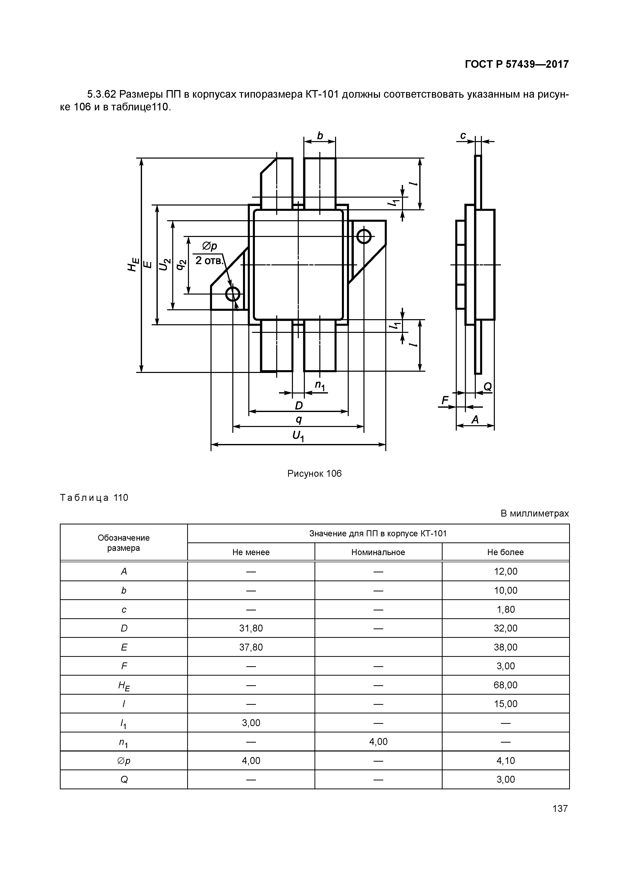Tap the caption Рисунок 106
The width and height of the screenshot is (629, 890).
314,473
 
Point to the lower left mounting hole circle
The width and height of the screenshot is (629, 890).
233,295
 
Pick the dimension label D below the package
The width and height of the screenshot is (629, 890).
299,405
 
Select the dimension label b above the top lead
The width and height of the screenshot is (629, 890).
320,136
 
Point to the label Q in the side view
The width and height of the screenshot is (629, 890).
487,386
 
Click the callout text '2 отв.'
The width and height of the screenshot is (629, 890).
209,261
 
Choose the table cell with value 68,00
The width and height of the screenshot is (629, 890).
505,685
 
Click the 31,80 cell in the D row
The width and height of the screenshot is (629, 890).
251,628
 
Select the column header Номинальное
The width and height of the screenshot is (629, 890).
378,552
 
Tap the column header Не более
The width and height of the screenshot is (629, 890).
505,552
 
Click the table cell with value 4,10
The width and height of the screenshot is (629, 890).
505,761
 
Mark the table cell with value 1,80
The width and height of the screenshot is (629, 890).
505,609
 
